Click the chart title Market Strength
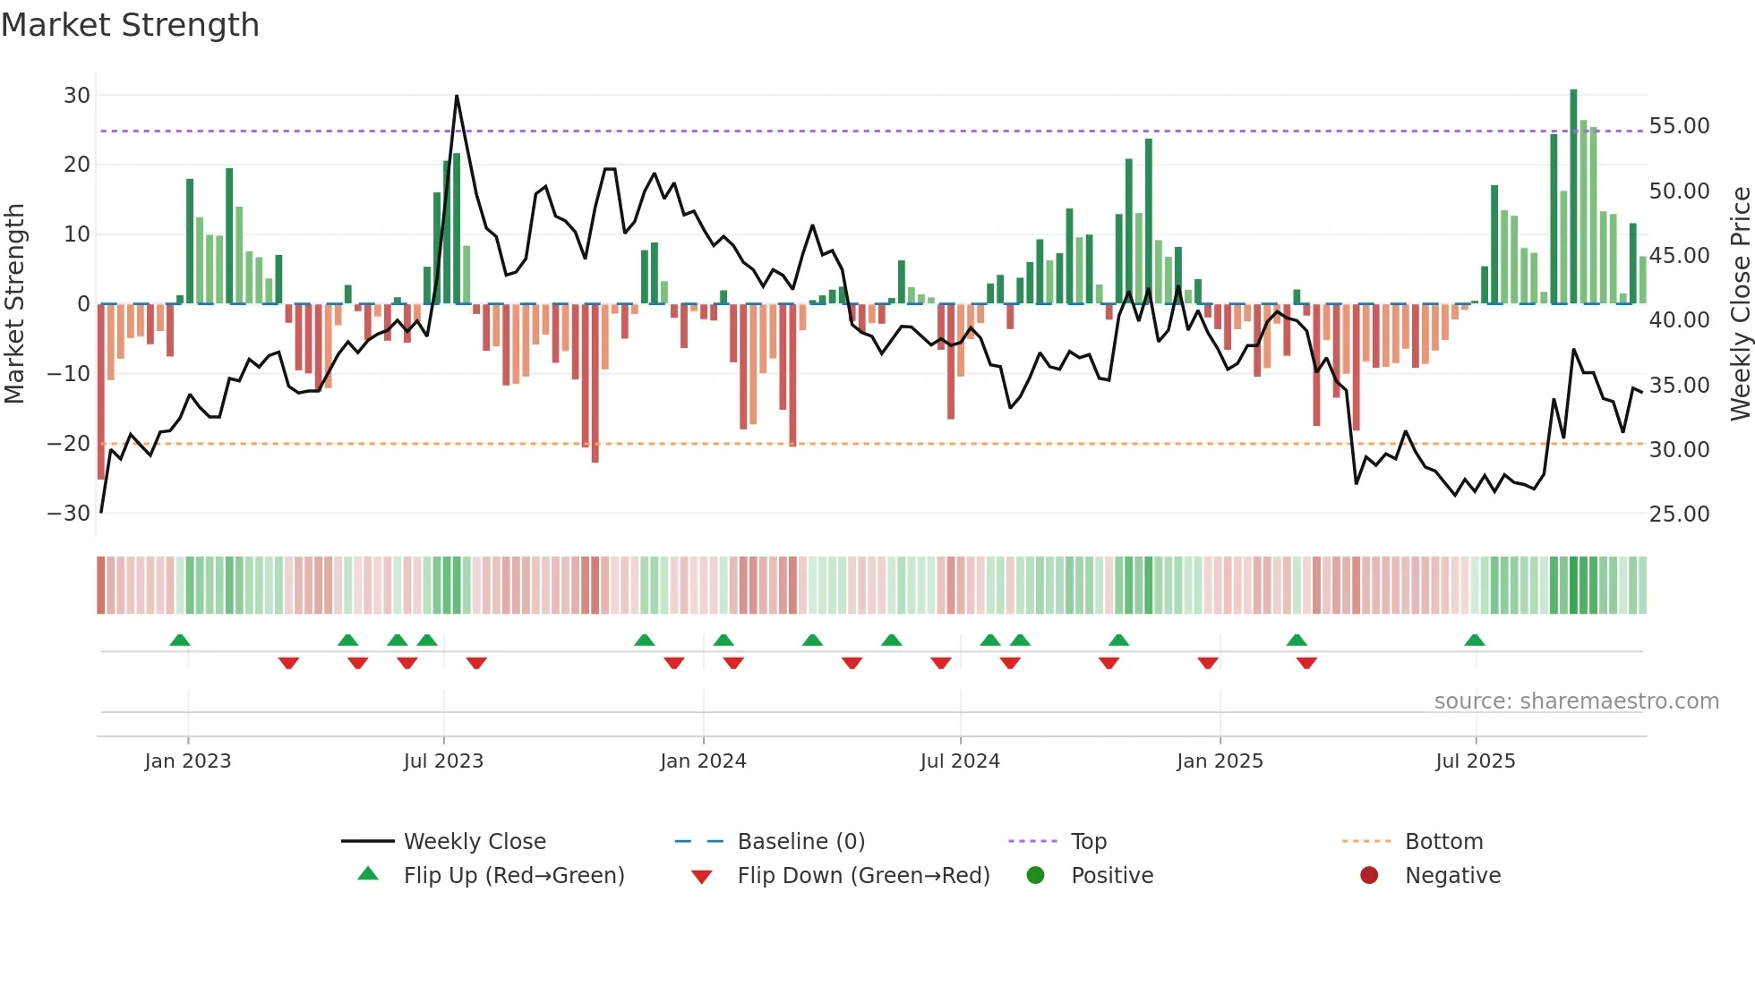130,25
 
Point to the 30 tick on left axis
77,95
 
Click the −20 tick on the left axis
69,443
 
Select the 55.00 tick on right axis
1679,126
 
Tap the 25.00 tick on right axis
1679,514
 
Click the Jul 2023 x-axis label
443,761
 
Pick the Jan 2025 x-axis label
1220,761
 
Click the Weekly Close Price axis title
1740,303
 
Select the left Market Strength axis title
15,303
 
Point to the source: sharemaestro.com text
1576,701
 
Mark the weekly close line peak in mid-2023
457,96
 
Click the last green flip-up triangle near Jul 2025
1475,640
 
